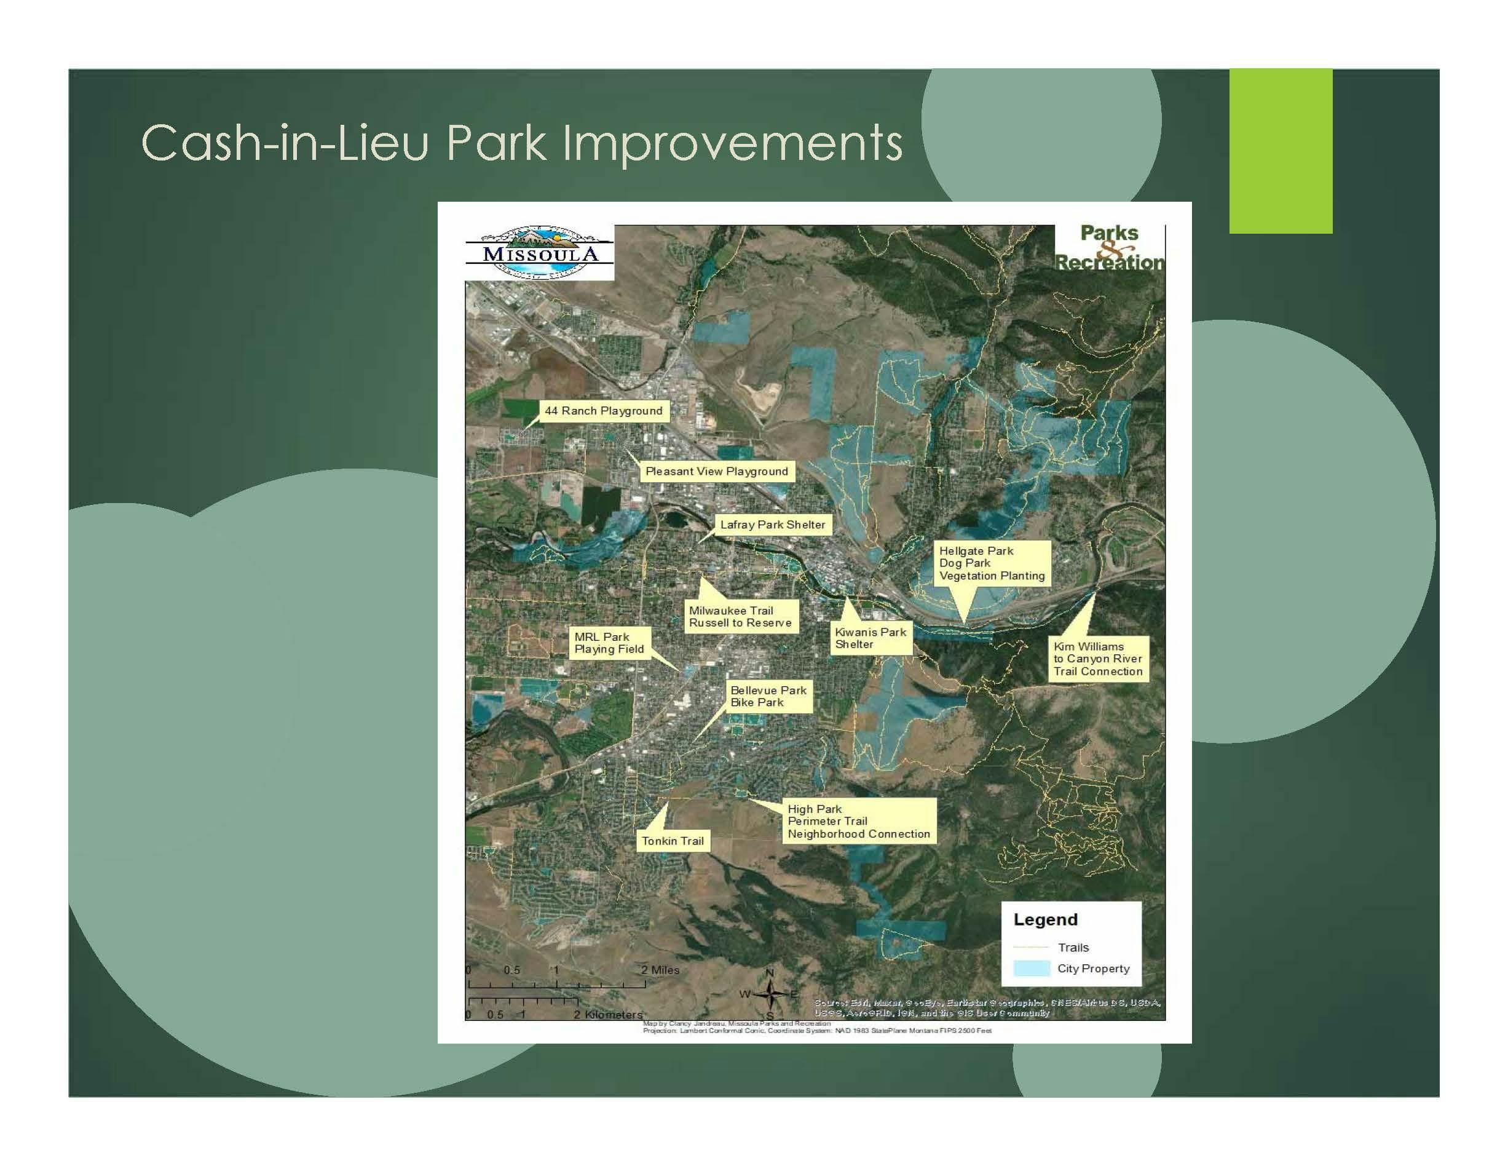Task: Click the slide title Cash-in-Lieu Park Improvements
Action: [521, 143]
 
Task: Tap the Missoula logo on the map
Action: [539, 253]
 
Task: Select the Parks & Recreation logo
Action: [1109, 248]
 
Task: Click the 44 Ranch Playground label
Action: [603, 411]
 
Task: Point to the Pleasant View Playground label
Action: [716, 471]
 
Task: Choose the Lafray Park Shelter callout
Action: [772, 525]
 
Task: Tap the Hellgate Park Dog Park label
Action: [992, 563]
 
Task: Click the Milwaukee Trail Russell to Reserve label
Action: [740, 617]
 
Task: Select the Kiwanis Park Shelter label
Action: [870, 638]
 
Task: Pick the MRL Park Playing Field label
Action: [609, 643]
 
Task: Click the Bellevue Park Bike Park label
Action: [768, 696]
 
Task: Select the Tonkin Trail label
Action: [673, 841]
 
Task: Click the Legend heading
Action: [1044, 919]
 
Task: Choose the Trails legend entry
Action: [1072, 948]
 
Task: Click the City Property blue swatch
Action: [1031, 969]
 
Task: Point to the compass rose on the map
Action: [770, 994]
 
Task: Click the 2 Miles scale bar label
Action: [660, 970]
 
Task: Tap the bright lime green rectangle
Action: [1280, 151]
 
